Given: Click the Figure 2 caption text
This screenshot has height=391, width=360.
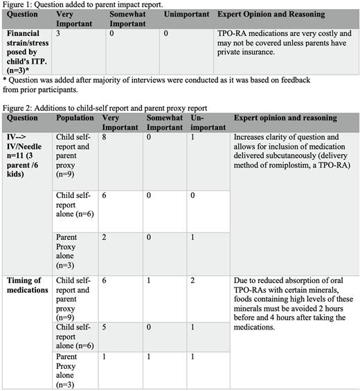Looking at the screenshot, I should (104, 109).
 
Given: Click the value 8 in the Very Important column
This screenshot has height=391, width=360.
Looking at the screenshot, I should (105, 138).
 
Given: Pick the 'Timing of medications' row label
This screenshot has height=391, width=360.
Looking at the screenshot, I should (28, 285).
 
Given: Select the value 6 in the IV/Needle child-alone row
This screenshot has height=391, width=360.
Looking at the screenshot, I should (105, 196).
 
